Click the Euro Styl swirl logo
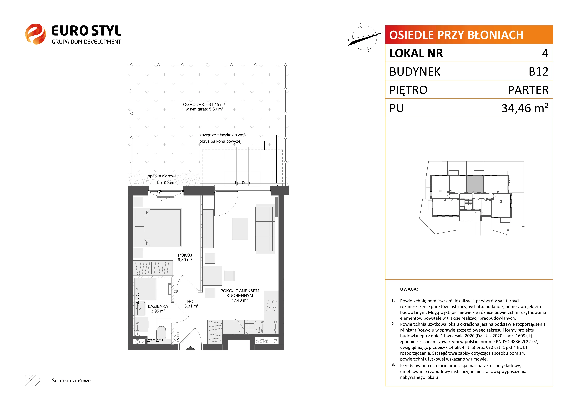(35, 34)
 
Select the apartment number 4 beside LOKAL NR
(545, 53)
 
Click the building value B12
(538, 72)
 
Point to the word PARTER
(528, 90)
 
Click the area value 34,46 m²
(525, 108)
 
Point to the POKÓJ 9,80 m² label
(185, 257)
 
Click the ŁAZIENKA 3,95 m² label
(158, 309)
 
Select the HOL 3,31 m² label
(191, 304)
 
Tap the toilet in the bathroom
(161, 333)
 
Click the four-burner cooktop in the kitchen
(271, 305)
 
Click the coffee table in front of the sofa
(240, 229)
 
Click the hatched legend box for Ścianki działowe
(32, 380)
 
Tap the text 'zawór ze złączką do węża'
(223, 135)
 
